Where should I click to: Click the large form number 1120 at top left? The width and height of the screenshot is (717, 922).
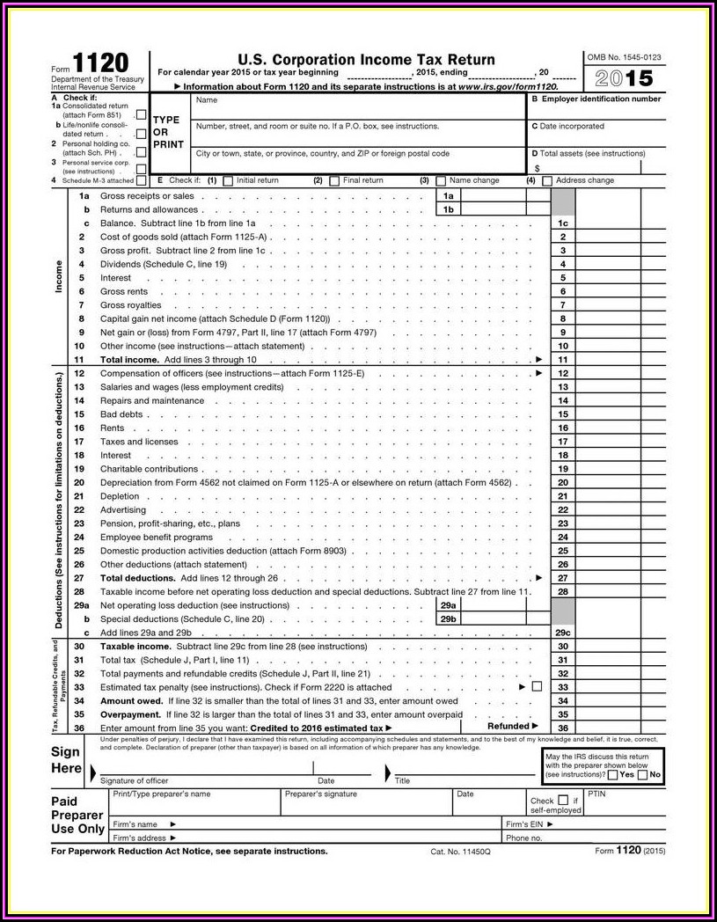point(100,64)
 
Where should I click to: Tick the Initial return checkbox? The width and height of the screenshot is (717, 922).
point(228,181)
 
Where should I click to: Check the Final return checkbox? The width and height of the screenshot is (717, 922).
point(334,181)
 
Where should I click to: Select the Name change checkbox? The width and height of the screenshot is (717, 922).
point(441,181)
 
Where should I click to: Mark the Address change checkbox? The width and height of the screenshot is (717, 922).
point(547,181)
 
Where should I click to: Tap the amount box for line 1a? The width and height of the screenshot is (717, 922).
point(505,196)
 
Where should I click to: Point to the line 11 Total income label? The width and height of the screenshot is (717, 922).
point(129,360)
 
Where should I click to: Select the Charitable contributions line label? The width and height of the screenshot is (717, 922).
point(149,469)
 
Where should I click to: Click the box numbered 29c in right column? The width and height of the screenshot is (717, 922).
point(563,633)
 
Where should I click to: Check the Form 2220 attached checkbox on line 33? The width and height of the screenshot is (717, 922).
point(537,686)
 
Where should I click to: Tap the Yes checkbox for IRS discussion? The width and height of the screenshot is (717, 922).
point(612,775)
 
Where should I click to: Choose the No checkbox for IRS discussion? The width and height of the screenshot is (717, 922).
point(643,775)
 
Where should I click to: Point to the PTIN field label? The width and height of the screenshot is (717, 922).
point(597,794)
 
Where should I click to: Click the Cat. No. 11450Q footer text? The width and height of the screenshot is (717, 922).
point(460,852)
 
